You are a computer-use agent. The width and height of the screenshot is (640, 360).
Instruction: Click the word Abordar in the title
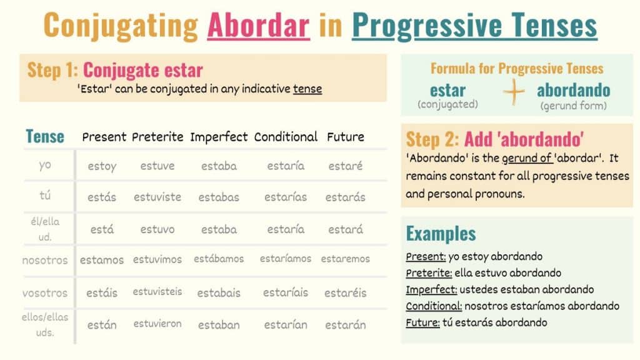pos(258,26)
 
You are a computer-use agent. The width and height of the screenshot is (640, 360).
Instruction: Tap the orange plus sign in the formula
pos(514,92)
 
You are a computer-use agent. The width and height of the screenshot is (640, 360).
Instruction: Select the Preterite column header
pos(157,136)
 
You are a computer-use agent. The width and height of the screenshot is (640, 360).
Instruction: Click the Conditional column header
pos(286,136)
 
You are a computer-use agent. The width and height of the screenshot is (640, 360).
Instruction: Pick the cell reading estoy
pos(102,166)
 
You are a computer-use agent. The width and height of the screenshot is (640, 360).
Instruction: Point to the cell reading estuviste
pos(157,197)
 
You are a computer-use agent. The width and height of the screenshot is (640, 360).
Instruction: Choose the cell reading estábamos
pos(219,259)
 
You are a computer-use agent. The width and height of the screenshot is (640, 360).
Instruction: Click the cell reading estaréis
pos(346,292)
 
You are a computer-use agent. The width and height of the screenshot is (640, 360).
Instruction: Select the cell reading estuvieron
pos(157,324)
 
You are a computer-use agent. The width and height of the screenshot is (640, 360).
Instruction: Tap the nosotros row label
pos(45,260)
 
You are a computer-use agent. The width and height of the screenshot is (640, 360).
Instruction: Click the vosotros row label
pos(45,292)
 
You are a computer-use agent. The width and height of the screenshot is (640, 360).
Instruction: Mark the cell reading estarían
pos(286,324)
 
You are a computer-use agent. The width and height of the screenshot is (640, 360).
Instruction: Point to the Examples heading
pos(441,234)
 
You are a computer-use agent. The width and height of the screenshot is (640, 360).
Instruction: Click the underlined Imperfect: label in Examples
pos(431,289)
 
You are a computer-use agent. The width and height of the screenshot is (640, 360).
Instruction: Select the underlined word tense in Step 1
pos(307,89)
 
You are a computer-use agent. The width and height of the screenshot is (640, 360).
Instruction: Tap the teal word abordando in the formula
pos(573,90)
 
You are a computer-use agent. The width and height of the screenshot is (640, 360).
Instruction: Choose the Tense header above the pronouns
pos(45,136)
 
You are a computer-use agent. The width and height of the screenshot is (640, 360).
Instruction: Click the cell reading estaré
pos(345,166)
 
